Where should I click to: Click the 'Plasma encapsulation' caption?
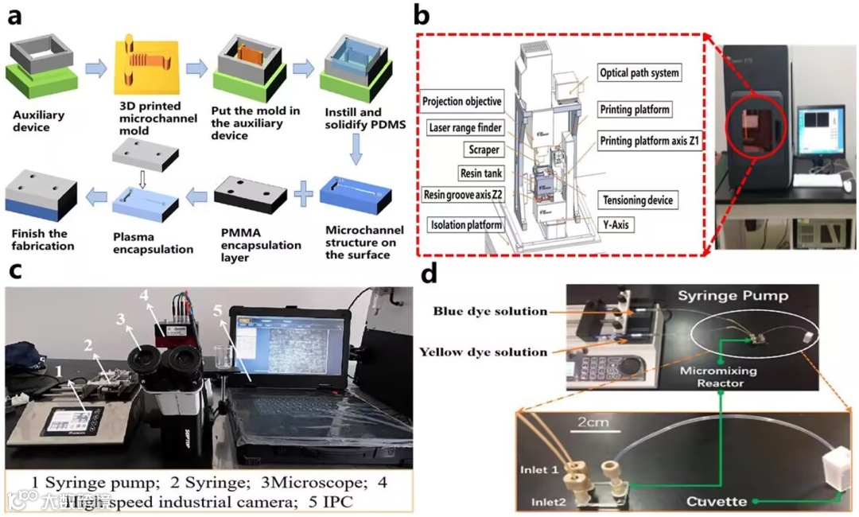click(154, 243)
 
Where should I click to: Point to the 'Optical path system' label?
click(639, 73)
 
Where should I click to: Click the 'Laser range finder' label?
click(464, 127)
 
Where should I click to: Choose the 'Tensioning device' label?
click(638, 200)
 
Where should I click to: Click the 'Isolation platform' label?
click(465, 225)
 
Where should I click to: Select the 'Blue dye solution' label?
click(491, 311)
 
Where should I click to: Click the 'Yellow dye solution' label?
click(484, 352)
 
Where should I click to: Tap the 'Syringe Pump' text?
click(733, 296)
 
